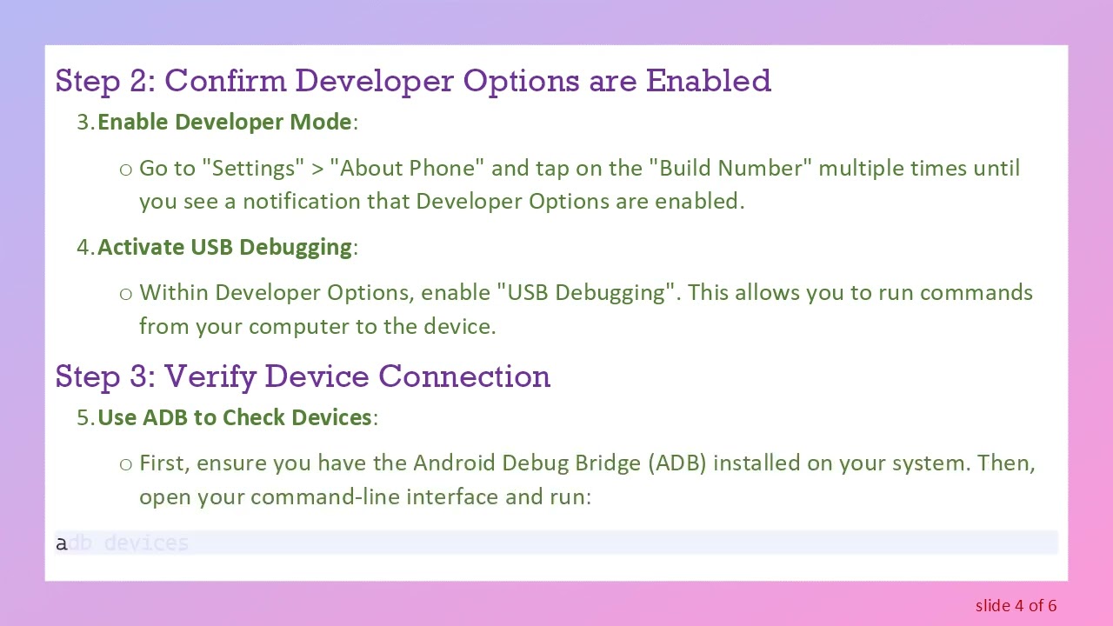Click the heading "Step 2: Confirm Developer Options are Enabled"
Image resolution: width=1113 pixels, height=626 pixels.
pyautogui.click(x=413, y=81)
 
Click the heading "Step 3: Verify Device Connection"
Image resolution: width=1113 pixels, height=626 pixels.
pyautogui.click(x=303, y=376)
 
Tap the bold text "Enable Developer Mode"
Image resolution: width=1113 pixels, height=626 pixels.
pyautogui.click(x=224, y=123)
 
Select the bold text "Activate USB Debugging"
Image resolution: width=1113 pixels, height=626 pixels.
pyautogui.click(x=224, y=247)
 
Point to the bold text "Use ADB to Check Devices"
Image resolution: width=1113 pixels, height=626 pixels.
pyautogui.click(x=235, y=417)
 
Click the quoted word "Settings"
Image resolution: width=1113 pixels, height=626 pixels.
pyautogui.click(x=253, y=168)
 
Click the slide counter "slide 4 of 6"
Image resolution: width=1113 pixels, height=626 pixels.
pyautogui.click(x=1016, y=605)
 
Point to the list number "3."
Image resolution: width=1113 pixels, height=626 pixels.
pyautogui.click(x=85, y=123)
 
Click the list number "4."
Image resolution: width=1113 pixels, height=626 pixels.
pyautogui.click(x=85, y=247)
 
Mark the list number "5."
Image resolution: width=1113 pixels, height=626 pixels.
pyautogui.click(x=85, y=417)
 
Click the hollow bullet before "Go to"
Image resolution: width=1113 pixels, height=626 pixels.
pyautogui.click(x=126, y=169)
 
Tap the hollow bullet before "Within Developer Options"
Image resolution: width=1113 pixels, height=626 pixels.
pyautogui.click(x=126, y=294)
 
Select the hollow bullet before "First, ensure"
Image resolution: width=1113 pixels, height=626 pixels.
pyautogui.click(x=126, y=464)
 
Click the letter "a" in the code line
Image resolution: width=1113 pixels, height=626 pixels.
pyautogui.click(x=61, y=543)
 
